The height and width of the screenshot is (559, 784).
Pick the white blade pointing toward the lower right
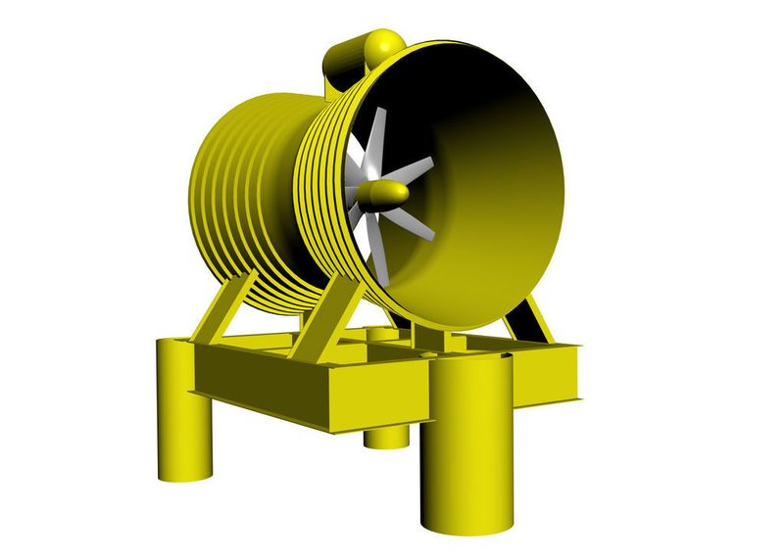(x=417, y=224)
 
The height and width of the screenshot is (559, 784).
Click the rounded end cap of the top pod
(x=385, y=43)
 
